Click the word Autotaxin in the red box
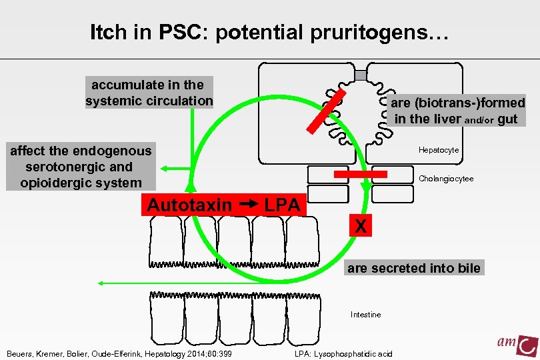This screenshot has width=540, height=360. pos(189,205)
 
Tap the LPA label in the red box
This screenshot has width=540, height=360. pos(282,205)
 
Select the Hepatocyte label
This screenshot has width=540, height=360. pos(439,150)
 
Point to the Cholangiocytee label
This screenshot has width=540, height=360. pos(446,179)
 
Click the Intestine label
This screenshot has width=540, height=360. pos(366,315)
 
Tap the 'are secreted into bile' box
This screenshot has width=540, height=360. pos(413,268)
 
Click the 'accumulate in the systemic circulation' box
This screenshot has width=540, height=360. pos(149,93)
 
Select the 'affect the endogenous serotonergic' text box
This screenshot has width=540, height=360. pos(81,167)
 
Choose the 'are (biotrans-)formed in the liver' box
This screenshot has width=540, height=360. pos(457,111)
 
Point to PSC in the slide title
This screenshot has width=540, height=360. pos(178,34)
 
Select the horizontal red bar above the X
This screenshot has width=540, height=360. pos(360,175)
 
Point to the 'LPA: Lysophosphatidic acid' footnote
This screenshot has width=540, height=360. pos(343,353)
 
